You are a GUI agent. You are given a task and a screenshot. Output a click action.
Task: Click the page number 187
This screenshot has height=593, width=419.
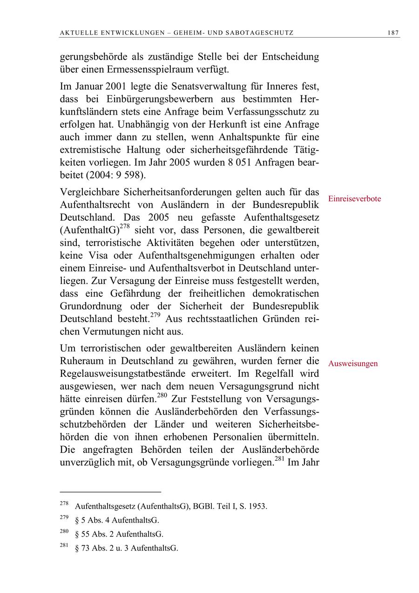click(x=392, y=33)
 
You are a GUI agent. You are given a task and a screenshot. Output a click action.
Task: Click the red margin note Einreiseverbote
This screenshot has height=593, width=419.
click(x=354, y=199)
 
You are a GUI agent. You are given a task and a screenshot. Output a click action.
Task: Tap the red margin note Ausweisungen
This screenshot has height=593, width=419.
click(x=352, y=364)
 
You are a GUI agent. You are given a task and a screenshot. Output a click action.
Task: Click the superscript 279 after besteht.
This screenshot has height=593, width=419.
click(x=156, y=315)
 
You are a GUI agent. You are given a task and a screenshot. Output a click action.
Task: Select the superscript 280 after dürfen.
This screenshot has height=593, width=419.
click(x=162, y=396)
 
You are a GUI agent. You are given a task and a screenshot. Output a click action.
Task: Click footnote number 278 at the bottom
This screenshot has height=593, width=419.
click(x=64, y=504)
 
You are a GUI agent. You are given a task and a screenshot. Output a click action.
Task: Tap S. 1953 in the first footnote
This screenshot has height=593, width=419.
click(x=254, y=506)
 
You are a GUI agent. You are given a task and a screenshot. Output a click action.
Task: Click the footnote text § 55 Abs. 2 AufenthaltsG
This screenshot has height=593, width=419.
click(x=119, y=534)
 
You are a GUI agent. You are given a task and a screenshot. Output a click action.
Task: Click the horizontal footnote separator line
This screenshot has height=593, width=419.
click(x=110, y=491)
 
